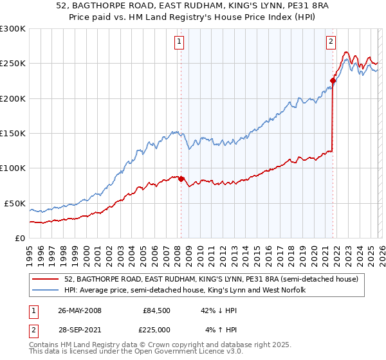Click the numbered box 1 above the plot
[x=179, y=42]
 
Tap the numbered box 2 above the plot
[x=331, y=42]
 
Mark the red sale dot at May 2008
[x=181, y=179]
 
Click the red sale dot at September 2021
[x=333, y=80]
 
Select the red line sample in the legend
[x=46, y=280]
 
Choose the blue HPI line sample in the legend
[x=46, y=291]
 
